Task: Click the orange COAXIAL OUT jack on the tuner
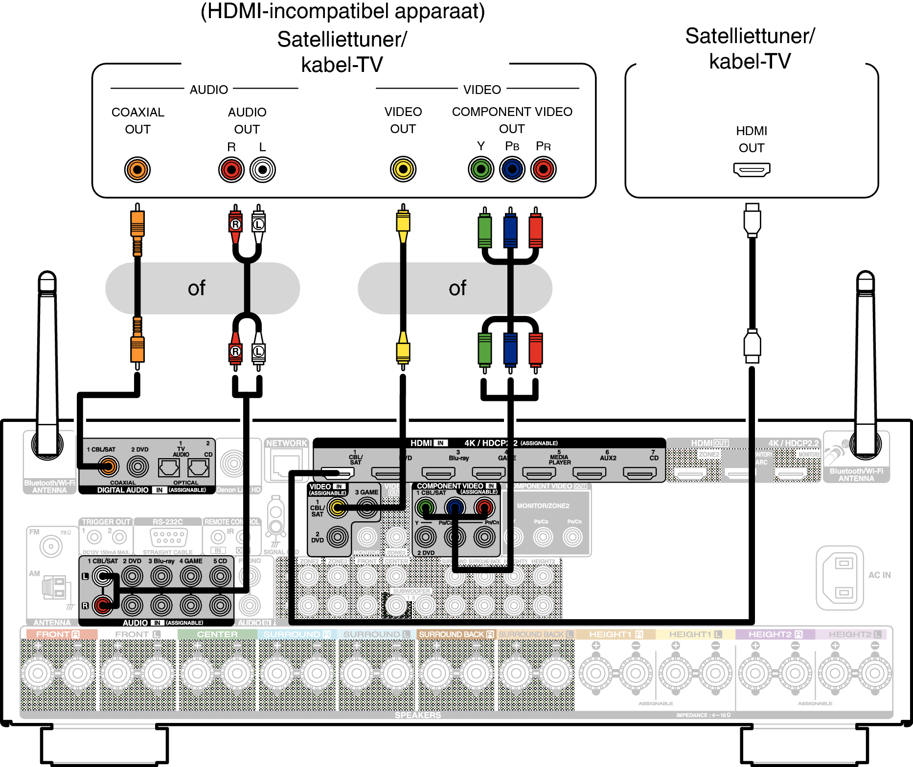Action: pos(137,170)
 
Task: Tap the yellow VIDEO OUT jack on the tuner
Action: pos(403,169)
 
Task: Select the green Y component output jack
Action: pos(481,169)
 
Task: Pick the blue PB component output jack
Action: pos(512,169)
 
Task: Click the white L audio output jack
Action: pos(263,170)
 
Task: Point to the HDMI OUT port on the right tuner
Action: pos(752,169)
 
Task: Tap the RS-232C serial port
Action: pos(169,537)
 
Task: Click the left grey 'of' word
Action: pos(197,288)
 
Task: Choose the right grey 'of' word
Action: pos(457,288)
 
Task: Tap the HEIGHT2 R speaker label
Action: pos(775,634)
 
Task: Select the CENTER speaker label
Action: pos(217,634)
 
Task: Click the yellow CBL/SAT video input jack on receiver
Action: pos(338,508)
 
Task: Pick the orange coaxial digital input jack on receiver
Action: pos(108,466)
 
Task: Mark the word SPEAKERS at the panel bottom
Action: pos(418,715)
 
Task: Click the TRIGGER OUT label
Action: pos(106,522)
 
